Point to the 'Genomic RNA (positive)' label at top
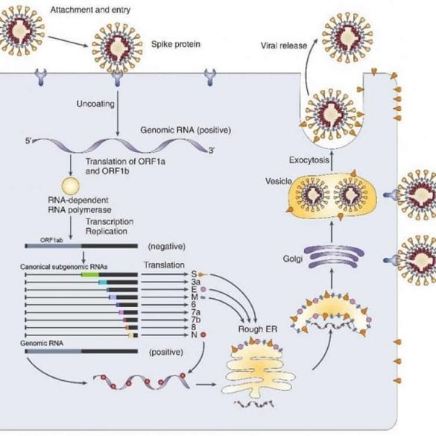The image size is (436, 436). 186,130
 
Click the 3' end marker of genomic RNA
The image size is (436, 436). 212,151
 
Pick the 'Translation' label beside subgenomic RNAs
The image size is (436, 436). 162,265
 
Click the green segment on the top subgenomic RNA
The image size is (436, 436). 90,274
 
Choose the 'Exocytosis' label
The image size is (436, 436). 309,159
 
